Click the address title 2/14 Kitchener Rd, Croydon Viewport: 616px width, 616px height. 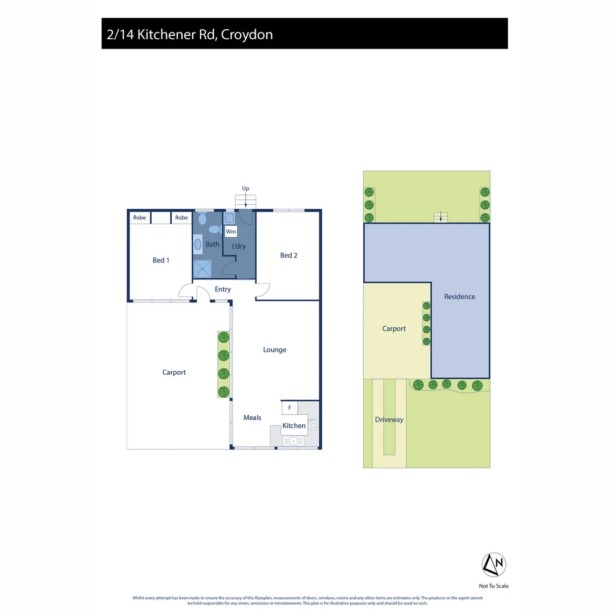190,34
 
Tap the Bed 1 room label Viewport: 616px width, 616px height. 161,260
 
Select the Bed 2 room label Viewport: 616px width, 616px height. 289,255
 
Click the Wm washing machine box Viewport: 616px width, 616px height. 231,232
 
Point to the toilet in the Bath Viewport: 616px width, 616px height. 214,229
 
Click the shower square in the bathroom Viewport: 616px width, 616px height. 202,268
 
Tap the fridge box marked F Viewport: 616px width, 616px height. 290,407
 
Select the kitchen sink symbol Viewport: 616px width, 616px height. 294,440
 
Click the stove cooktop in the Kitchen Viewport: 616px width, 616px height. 313,424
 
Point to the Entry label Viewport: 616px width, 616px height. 222,289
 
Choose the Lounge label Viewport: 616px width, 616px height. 274,350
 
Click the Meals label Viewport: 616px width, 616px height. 252,418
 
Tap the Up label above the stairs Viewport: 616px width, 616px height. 246,188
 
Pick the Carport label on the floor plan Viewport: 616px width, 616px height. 174,372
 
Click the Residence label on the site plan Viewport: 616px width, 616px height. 459,297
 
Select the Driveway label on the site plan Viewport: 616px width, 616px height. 389,419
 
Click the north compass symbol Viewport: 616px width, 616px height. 494,564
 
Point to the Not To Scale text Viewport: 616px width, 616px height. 494,586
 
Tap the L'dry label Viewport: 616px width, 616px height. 238,246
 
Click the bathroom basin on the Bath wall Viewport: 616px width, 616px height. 198,245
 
